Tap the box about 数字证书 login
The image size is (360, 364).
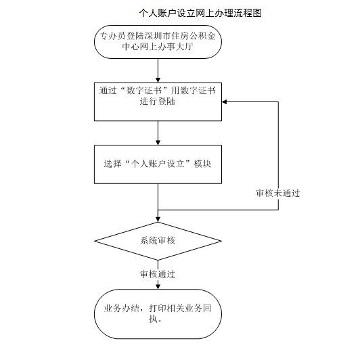point(157,101)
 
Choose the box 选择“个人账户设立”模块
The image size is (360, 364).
point(157,163)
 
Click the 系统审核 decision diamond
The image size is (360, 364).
point(157,241)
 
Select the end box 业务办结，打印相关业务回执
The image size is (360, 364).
point(157,313)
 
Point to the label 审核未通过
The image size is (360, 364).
point(277,193)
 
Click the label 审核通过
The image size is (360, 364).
point(157,274)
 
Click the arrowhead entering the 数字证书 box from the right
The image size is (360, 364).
point(225,101)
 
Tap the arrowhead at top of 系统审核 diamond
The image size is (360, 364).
point(158,219)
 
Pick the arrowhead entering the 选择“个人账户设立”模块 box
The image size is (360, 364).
point(158,141)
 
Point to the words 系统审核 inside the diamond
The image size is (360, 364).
point(158,241)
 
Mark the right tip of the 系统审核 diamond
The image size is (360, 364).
point(221,241)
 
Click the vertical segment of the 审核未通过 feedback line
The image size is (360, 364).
point(278,156)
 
